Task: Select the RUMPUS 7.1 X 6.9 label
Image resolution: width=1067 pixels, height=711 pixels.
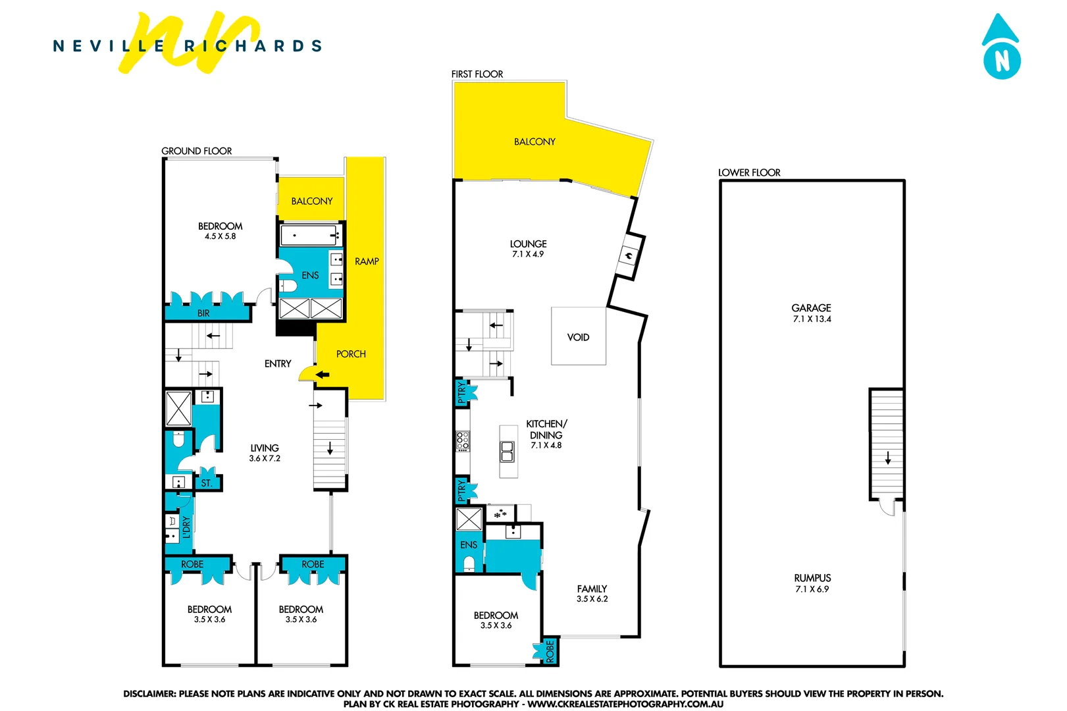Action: [812, 583]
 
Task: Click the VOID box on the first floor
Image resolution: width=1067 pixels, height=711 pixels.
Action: [578, 336]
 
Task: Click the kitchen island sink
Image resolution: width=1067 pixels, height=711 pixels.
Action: [507, 451]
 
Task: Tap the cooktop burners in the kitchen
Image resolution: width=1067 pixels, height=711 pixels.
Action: [463, 440]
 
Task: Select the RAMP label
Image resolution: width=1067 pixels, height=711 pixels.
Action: [367, 261]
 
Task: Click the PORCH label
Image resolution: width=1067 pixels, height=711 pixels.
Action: [351, 354]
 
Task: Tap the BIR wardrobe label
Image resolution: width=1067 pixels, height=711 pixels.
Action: [203, 313]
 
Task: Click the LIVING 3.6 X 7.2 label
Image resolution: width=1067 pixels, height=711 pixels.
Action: [265, 453]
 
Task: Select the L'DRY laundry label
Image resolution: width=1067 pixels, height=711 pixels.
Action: [186, 527]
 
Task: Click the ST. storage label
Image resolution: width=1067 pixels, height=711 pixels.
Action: [206, 483]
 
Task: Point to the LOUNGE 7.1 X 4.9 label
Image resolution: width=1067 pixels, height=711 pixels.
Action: [528, 248]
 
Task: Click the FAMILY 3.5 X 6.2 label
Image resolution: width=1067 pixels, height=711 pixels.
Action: [592, 593]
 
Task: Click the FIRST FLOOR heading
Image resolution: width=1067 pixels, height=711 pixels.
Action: [477, 74]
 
